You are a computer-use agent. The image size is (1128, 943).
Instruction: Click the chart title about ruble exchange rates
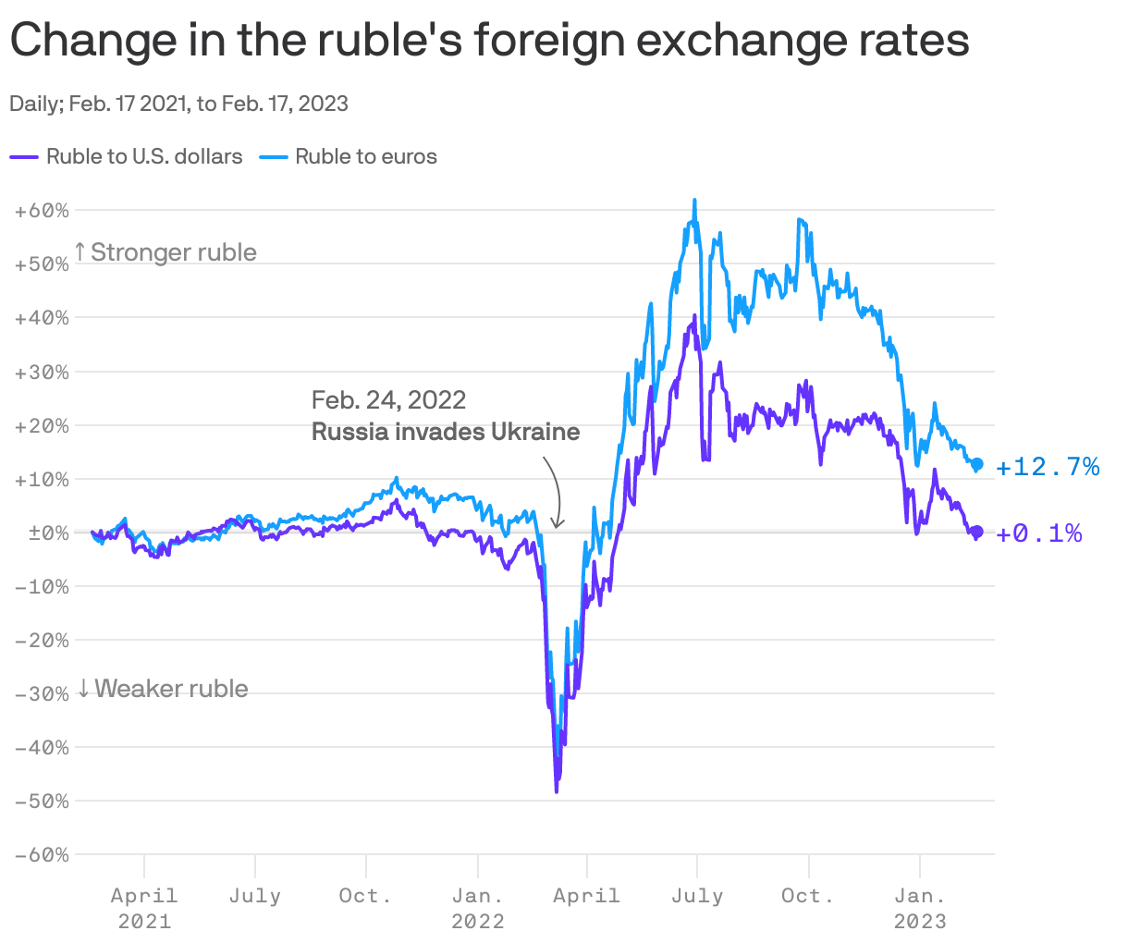point(489,41)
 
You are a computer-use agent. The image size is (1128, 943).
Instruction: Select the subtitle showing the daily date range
point(178,104)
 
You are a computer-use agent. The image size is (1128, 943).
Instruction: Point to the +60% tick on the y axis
point(43,211)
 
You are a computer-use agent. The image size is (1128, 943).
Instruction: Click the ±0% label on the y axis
point(43,533)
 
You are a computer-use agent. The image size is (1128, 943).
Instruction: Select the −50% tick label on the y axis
point(43,802)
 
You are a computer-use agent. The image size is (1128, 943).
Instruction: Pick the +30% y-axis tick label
point(43,372)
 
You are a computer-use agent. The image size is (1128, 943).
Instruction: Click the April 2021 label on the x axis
point(144,907)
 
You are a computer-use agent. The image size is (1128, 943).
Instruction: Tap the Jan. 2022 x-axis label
point(478,907)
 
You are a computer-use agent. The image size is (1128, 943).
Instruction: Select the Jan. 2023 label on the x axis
point(920,907)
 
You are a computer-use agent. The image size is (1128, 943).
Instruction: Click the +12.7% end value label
point(1048,467)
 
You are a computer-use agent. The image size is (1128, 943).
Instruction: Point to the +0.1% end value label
point(1039,533)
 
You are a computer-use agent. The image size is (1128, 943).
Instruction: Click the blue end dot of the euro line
point(977,464)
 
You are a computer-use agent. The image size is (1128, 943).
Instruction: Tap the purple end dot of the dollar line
point(977,532)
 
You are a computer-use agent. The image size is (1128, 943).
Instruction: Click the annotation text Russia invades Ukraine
point(446,432)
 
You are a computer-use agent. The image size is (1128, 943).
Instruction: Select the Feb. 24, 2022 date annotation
point(388,399)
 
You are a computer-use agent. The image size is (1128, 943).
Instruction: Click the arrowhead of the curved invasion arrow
point(557,525)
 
